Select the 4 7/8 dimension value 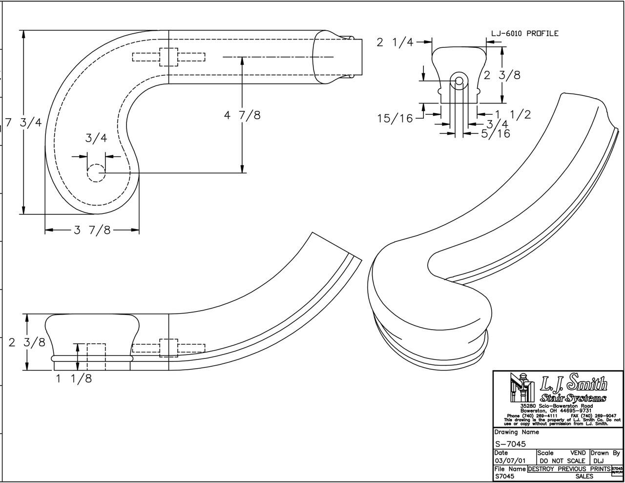pyautogui.click(x=242, y=115)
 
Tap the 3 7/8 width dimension pyautogui.click(x=92, y=230)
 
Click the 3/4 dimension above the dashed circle pyautogui.click(x=96, y=138)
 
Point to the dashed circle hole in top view pyautogui.click(x=96, y=173)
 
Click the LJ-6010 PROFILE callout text pyautogui.click(x=524, y=34)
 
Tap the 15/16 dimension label pyautogui.click(x=395, y=118)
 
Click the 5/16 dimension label pyautogui.click(x=495, y=133)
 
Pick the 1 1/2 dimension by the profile pyautogui.click(x=513, y=115)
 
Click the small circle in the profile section pyautogui.click(x=458, y=81)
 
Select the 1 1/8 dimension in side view pyautogui.click(x=73, y=378)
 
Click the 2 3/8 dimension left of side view pyautogui.click(x=27, y=342)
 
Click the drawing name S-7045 pyautogui.click(x=510, y=444)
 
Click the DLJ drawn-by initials pyautogui.click(x=599, y=461)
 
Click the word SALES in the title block pyautogui.click(x=584, y=476)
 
